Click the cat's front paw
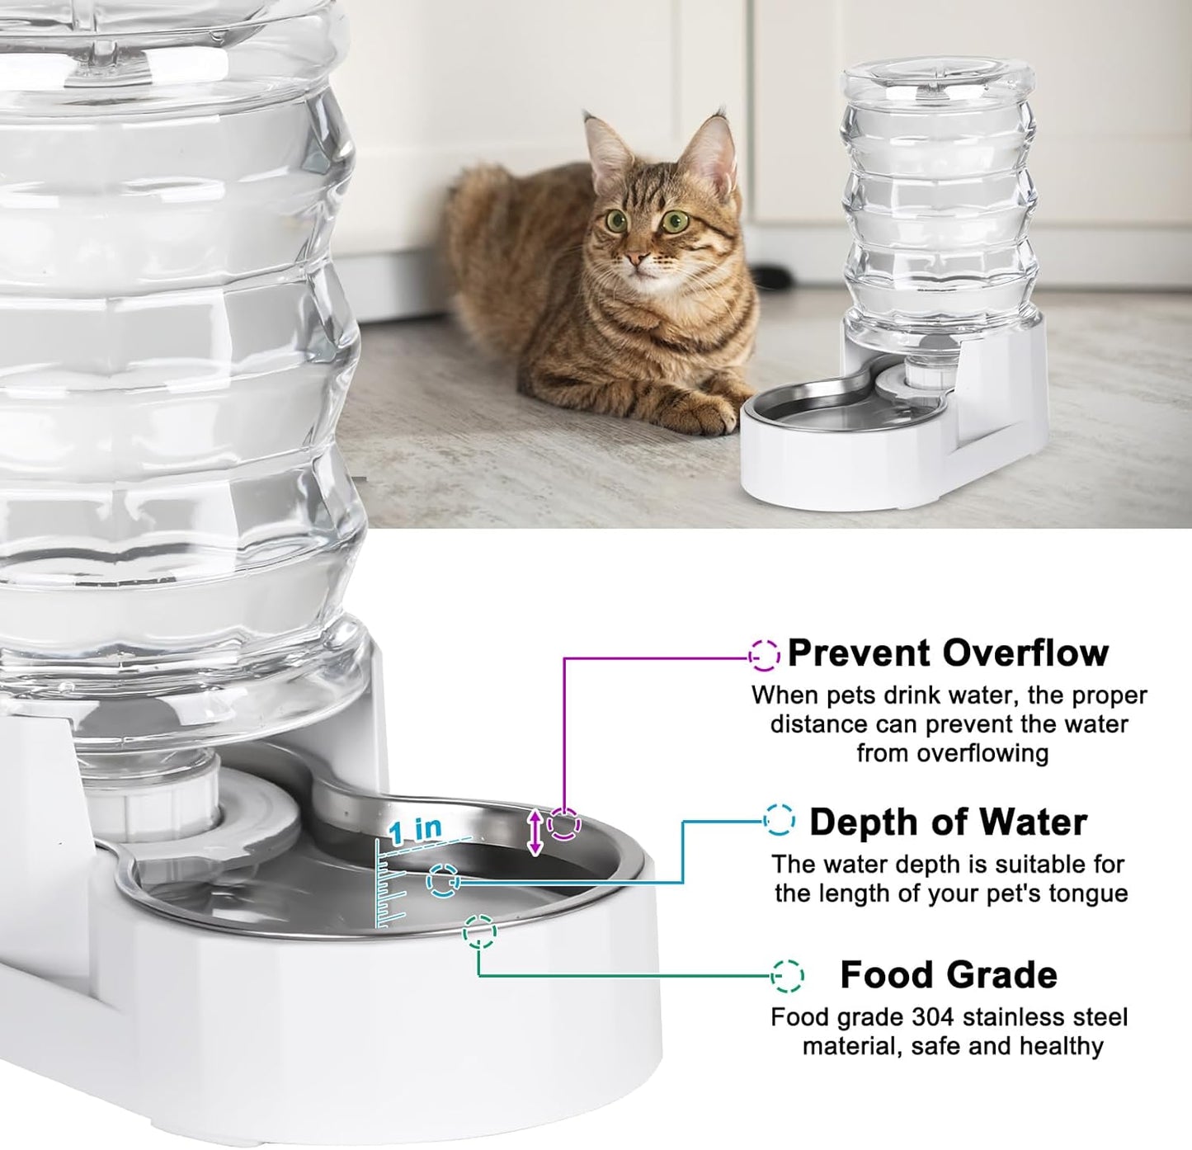[709, 417]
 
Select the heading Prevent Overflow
[948, 653]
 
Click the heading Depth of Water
[948, 822]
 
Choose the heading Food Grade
[948, 975]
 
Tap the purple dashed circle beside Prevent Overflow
[764, 655]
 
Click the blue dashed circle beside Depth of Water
[779, 820]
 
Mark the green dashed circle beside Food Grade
[787, 975]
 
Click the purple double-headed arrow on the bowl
[535, 832]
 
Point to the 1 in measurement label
[416, 830]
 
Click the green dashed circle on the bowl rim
[479, 932]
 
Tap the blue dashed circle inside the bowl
[443, 881]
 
